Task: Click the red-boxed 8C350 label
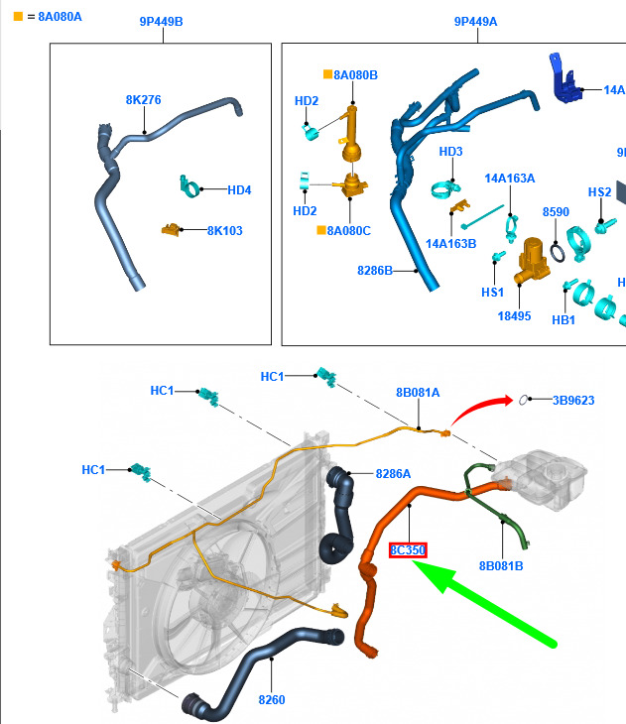(x=408, y=550)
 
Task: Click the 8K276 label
(x=144, y=100)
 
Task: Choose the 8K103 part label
(x=224, y=231)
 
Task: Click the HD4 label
(x=239, y=190)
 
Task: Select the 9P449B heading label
(x=160, y=22)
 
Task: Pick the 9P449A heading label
(x=476, y=22)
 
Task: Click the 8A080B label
(x=355, y=75)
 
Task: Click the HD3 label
(x=451, y=152)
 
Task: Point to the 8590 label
(x=556, y=212)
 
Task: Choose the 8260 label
(x=271, y=700)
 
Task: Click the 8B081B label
(x=501, y=566)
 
